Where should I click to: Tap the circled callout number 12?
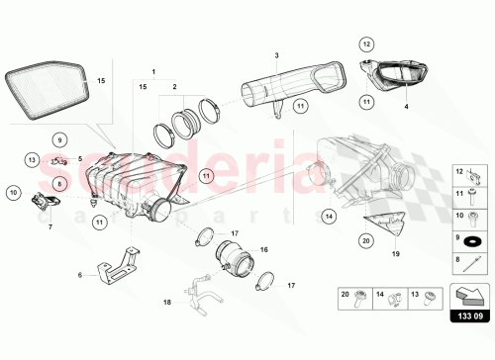click(x=366, y=45)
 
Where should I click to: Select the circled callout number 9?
click(x=59, y=140)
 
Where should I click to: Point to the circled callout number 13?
click(x=33, y=159)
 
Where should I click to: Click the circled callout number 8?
click(x=59, y=182)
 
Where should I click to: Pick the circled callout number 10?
click(x=14, y=192)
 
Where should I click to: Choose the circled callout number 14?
click(x=329, y=214)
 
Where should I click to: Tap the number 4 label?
click(x=405, y=102)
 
